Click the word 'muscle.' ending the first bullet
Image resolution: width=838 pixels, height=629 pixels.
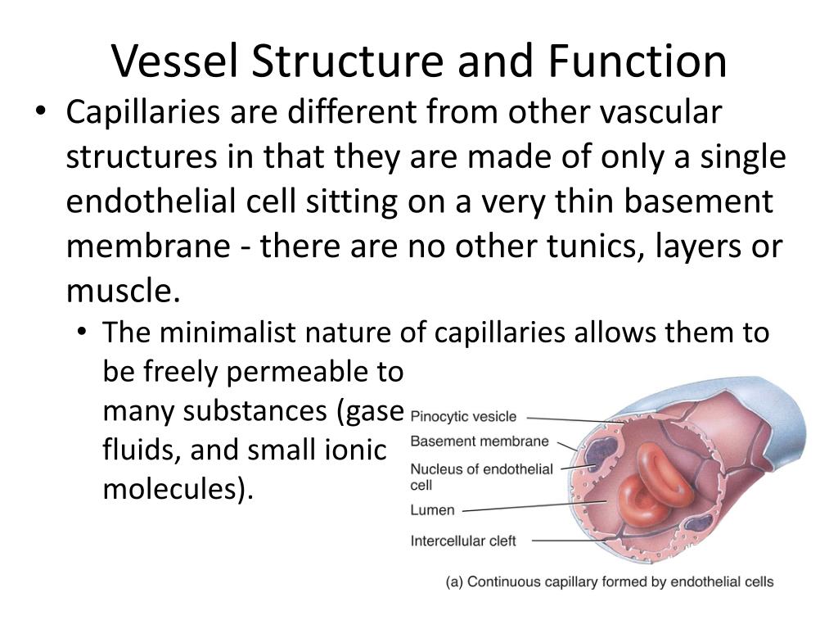click(x=122, y=291)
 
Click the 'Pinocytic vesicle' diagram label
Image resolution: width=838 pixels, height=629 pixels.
click(x=463, y=416)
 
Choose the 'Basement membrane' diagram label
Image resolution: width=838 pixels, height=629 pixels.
click(x=480, y=441)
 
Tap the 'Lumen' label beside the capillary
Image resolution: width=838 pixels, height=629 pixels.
click(x=432, y=510)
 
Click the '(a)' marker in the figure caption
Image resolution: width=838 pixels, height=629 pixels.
click(x=455, y=582)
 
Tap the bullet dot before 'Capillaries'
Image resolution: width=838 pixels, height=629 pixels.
click(x=43, y=115)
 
